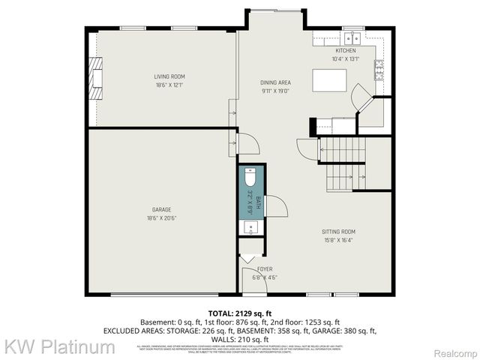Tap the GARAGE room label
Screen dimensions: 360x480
(162, 209)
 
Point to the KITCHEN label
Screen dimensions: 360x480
(345, 50)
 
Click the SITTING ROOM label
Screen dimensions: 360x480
(339, 232)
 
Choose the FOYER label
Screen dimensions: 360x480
(265, 268)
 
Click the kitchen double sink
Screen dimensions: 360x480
(352, 37)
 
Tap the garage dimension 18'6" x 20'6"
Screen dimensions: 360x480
(162, 218)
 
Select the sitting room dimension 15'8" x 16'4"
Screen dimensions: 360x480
(339, 241)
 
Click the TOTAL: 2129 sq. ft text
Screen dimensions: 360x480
(239, 313)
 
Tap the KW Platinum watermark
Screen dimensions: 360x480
(60, 346)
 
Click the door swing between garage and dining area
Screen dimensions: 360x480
(248, 143)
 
